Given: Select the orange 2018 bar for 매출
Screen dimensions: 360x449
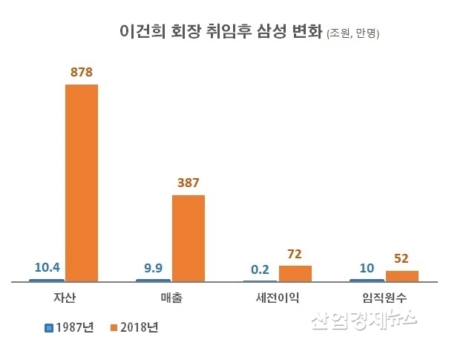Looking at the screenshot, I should [x=189, y=238].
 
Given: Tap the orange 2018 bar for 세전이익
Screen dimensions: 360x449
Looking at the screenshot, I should [x=295, y=273].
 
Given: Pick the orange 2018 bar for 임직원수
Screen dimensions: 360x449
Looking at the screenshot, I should [x=402, y=276].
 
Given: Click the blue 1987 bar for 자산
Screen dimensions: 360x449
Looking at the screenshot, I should [x=46, y=281].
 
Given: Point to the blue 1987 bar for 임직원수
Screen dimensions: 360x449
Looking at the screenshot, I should [x=367, y=281].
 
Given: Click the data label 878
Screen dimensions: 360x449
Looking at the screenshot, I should [x=82, y=73].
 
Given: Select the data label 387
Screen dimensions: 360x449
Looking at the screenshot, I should [x=189, y=183].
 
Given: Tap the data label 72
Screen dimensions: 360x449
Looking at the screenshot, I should [x=295, y=253].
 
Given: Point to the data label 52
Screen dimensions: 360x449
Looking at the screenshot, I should [x=402, y=258].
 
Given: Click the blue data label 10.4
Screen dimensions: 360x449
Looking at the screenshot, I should [x=46, y=267].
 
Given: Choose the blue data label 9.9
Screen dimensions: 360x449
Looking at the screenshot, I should [x=153, y=267].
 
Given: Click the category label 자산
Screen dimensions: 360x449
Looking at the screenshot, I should [x=65, y=298].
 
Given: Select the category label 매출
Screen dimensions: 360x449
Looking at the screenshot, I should [x=171, y=298].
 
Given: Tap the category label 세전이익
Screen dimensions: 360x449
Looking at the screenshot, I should [x=278, y=298].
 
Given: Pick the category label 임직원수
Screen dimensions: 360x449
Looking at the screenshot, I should [x=384, y=298].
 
